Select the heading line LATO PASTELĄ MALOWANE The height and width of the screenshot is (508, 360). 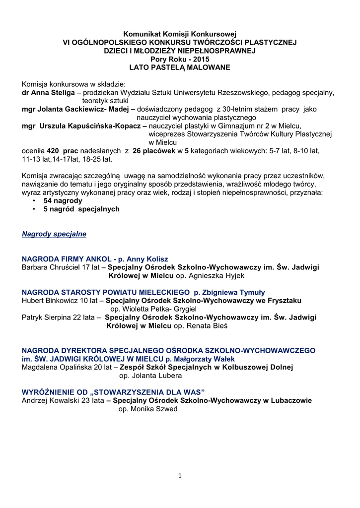coord(180,67)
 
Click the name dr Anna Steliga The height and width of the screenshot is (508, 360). coord(48,93)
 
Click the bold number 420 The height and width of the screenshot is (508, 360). coord(53,151)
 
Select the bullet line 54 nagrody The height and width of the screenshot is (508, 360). coord(63,201)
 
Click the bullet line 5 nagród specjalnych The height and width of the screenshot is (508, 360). coord(81,209)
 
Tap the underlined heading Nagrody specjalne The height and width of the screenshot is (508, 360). coord(54,234)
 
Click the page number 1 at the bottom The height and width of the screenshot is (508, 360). coord(180,476)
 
